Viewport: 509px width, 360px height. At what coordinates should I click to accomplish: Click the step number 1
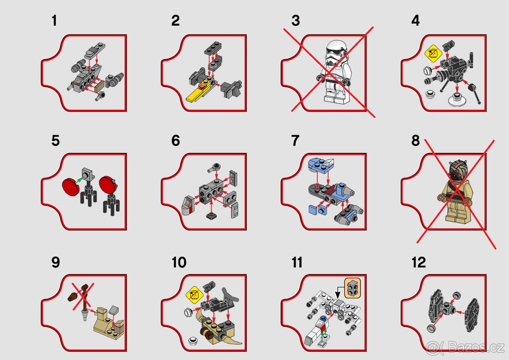click(54, 20)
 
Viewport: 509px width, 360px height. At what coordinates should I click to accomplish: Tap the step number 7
click(295, 141)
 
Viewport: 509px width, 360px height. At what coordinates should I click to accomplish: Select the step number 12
click(418, 262)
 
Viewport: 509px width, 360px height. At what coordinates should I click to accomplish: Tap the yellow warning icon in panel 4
click(431, 54)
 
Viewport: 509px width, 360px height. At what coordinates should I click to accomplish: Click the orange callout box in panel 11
click(352, 289)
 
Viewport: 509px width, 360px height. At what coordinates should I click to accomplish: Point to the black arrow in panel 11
click(338, 291)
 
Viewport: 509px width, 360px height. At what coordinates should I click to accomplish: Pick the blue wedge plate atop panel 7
click(320, 162)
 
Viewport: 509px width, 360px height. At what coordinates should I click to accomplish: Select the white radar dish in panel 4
click(457, 100)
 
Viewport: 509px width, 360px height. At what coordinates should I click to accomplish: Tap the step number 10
click(179, 262)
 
